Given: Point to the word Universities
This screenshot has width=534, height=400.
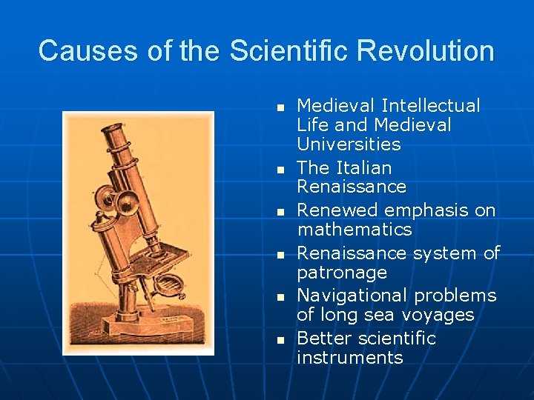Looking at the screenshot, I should tap(349, 144).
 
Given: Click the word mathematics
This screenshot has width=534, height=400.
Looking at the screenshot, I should tap(354, 230).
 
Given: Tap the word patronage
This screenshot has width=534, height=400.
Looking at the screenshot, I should tap(342, 273).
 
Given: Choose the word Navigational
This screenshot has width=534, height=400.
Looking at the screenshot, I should tap(354, 296).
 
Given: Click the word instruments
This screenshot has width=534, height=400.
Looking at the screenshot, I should tap(349, 358).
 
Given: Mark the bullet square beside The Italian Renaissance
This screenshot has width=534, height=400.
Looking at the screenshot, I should tap(280, 170).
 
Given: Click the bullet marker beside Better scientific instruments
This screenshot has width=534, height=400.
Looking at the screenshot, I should tap(280, 340).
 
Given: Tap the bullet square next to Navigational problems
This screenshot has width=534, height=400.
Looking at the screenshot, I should tap(280, 297).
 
